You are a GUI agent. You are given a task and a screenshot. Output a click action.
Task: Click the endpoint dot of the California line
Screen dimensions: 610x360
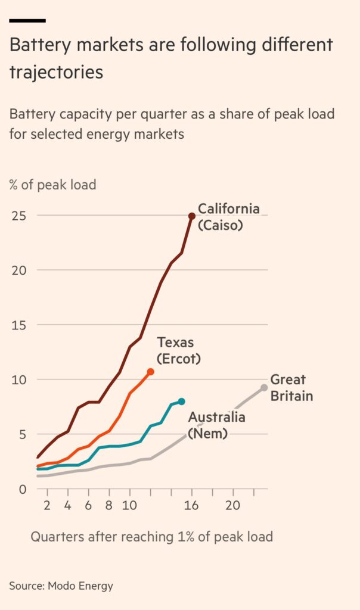(x=192, y=216)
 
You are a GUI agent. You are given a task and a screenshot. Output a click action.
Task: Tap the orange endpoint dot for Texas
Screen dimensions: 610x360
(x=151, y=372)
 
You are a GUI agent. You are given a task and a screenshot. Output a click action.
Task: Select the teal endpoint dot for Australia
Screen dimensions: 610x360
(x=182, y=402)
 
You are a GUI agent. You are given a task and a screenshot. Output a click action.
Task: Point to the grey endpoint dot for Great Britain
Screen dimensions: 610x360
(x=264, y=388)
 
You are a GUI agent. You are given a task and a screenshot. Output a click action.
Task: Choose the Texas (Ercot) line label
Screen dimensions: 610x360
(x=178, y=350)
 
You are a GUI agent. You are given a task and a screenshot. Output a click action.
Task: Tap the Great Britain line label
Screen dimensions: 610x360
(x=291, y=388)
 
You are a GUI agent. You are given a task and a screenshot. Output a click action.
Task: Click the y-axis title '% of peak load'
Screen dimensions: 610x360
(x=52, y=184)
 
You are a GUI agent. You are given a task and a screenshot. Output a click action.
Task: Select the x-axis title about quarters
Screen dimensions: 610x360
(x=151, y=537)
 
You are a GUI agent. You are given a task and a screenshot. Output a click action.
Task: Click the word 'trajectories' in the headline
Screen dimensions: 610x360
(x=56, y=71)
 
